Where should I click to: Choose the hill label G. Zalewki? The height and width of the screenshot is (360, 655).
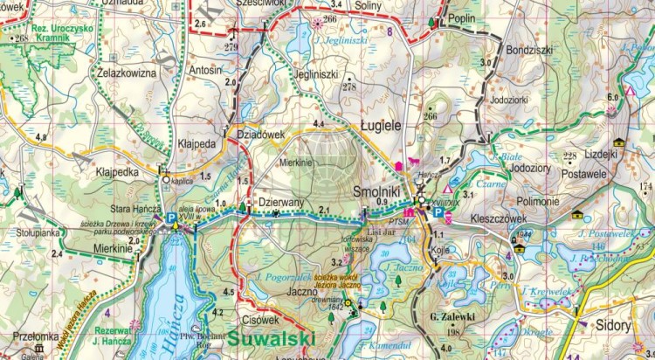coord(452,319)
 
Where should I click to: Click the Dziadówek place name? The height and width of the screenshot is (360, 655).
coord(262,135)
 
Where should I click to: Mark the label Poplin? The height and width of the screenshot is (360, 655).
coord(460,17)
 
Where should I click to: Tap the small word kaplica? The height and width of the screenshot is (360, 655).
coord(183,181)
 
